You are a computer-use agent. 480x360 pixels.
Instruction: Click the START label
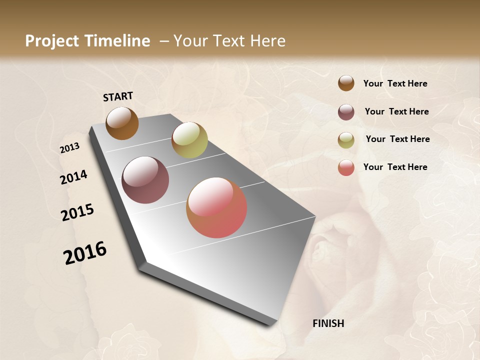click(118, 96)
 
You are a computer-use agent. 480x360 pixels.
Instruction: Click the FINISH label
click(328, 323)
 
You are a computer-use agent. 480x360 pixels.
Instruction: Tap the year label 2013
click(69, 147)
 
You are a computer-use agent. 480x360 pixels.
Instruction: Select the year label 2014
click(73, 177)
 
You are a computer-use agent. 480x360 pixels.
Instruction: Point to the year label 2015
click(77, 212)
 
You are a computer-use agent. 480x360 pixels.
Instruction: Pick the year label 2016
click(85, 252)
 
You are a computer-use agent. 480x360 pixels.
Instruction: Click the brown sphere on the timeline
click(122, 123)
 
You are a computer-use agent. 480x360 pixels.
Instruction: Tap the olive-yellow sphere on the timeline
click(189, 140)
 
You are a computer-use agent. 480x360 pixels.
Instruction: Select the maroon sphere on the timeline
click(145, 180)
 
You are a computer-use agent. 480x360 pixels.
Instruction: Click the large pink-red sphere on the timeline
click(216, 207)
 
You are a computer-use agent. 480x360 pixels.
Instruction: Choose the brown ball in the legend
click(346, 83)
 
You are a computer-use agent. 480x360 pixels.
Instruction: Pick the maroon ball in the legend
click(346, 112)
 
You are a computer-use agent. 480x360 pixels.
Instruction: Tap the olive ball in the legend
click(346, 140)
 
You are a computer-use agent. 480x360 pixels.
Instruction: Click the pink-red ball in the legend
click(346, 167)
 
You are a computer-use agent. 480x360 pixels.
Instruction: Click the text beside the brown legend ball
click(395, 83)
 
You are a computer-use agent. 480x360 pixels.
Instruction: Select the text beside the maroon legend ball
click(396, 111)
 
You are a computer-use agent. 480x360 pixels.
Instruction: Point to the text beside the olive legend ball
click(397, 139)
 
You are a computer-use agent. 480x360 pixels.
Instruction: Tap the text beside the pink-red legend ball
click(395, 167)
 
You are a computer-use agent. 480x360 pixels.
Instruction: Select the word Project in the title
click(51, 41)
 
